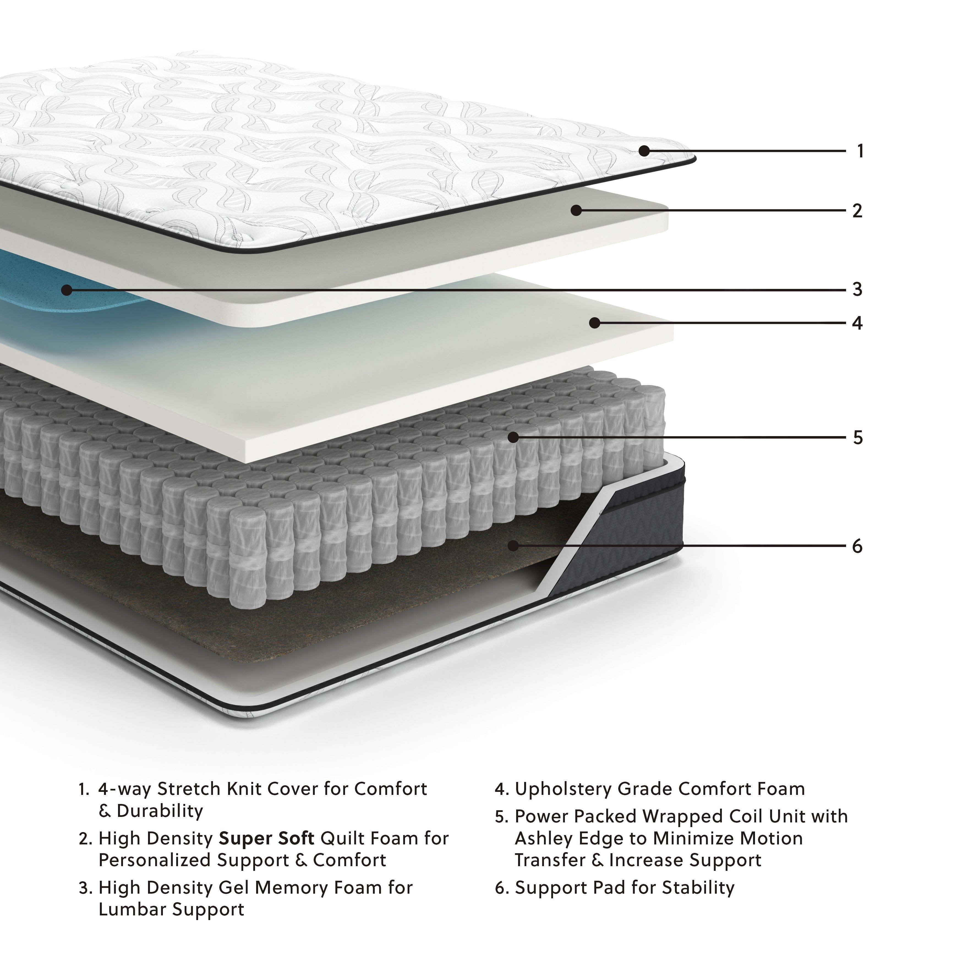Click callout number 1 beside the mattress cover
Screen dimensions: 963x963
[860, 151]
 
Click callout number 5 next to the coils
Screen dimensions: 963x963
[857, 438]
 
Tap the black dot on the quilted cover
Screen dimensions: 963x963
[644, 151]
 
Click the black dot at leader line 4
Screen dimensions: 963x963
[594, 323]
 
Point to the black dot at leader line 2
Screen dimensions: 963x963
[576, 210]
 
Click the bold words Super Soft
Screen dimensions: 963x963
[267, 838]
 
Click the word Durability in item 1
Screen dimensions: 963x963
[160, 811]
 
